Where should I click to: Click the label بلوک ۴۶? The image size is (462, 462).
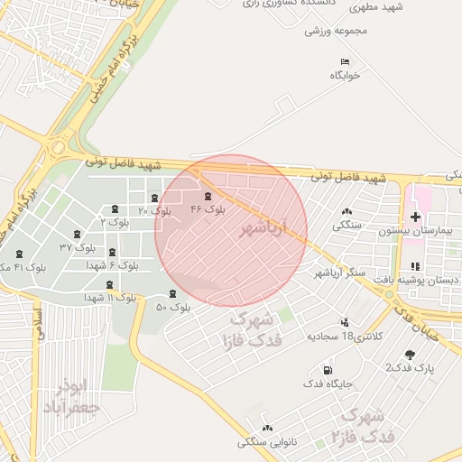[x=208, y=208]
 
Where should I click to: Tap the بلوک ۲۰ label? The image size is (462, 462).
[x=154, y=210]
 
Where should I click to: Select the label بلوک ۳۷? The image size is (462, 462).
[x=77, y=246]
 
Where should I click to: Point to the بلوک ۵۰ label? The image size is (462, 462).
[x=172, y=308]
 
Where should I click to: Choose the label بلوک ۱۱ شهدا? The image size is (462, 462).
[x=111, y=297]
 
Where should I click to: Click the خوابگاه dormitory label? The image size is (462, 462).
[x=344, y=75]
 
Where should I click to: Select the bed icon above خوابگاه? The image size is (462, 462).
[x=344, y=61]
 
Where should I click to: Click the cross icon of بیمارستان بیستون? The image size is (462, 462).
[x=415, y=217]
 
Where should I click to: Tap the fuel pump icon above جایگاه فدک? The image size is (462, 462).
[x=326, y=370]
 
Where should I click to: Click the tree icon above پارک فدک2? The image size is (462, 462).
[x=411, y=355]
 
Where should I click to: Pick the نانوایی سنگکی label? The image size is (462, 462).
[x=267, y=442]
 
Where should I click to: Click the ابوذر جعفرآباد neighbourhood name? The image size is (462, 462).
[x=70, y=398]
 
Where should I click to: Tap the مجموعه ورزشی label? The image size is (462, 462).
[x=336, y=31]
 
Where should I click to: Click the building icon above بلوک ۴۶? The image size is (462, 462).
[x=208, y=195]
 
